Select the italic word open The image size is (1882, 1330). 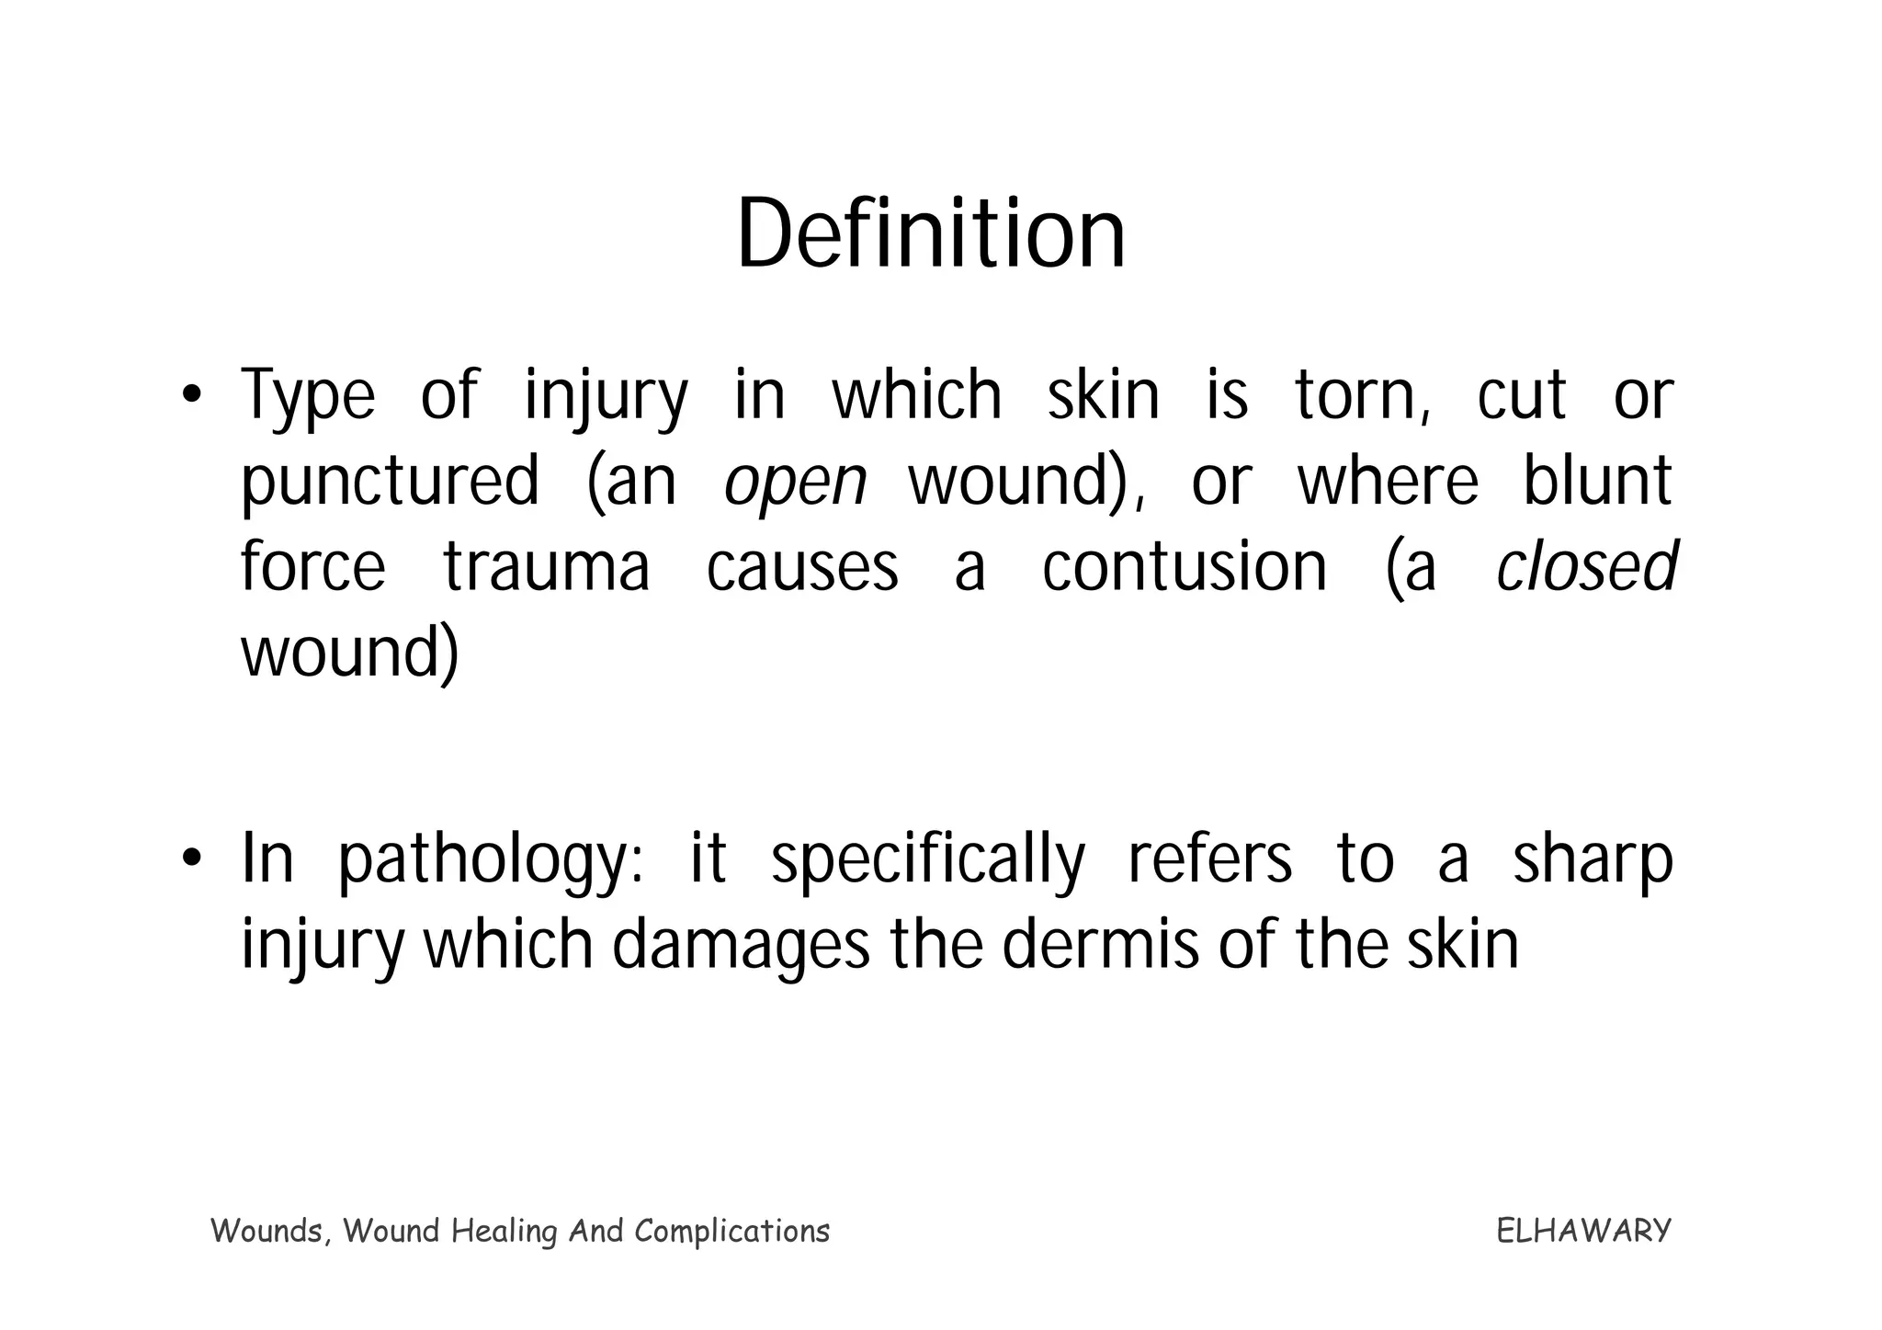tap(795, 483)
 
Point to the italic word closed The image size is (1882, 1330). tap(1586, 567)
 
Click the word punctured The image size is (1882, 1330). tap(390, 483)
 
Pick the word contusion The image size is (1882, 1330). tap(1185, 567)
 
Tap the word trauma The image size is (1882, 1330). tap(547, 567)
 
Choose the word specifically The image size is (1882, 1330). tap(928, 860)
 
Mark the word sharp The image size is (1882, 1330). tap(1593, 860)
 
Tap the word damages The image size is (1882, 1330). tap(740, 947)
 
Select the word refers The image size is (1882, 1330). tap(1209, 858)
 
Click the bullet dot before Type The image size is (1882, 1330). tap(190, 396)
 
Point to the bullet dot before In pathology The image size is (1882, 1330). tap(190, 858)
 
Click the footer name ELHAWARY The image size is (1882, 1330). tap(1583, 1231)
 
